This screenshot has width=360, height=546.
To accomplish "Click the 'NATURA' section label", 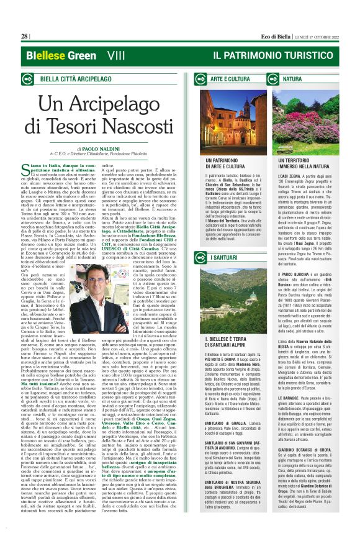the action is coord(292,80).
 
